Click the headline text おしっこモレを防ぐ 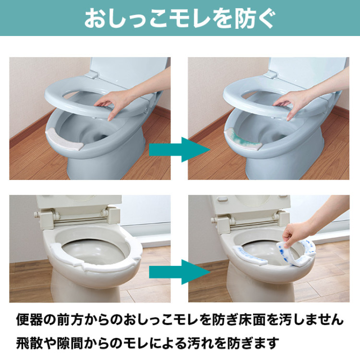click(180, 18)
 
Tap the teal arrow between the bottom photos click(180, 272)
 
